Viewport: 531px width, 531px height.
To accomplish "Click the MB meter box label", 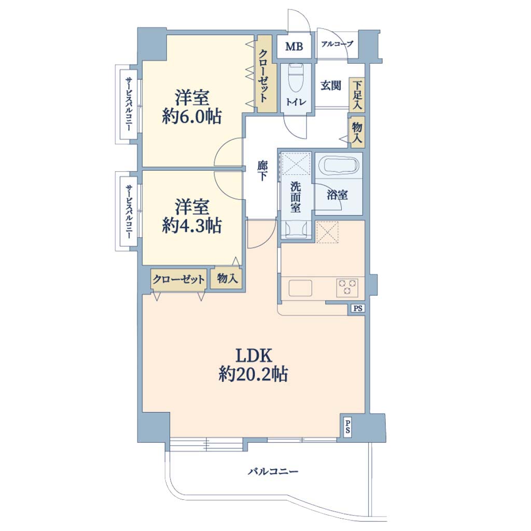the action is pyautogui.click(x=294, y=46).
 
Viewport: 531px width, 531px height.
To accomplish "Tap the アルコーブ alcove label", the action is pyautogui.click(x=337, y=44).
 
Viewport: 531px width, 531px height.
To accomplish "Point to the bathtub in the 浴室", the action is pyautogui.click(x=341, y=165).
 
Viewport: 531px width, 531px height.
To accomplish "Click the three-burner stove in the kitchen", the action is pyautogui.click(x=347, y=287).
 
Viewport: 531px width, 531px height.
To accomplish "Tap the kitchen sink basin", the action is pyautogui.click(x=300, y=288).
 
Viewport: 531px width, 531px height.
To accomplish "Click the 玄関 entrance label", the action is pyautogui.click(x=330, y=86).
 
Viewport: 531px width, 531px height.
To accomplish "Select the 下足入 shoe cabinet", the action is pyautogui.click(x=357, y=95).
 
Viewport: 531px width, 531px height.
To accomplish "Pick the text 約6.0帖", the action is pyautogui.click(x=192, y=117).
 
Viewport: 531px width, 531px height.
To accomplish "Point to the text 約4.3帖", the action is pyautogui.click(x=192, y=226).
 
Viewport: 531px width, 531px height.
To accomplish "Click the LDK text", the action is pyautogui.click(x=254, y=356).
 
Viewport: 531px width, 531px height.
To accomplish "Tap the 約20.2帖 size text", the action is pyautogui.click(x=253, y=374).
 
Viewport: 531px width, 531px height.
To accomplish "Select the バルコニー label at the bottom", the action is pyautogui.click(x=273, y=471).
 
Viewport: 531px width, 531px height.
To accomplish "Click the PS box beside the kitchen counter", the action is pyautogui.click(x=358, y=309).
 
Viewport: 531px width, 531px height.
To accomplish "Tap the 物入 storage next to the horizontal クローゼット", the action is pyautogui.click(x=227, y=278).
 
